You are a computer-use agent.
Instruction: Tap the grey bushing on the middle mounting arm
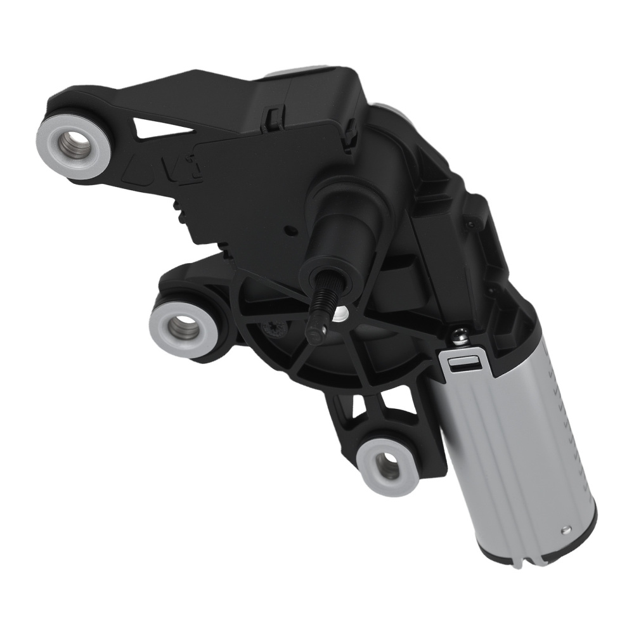182,325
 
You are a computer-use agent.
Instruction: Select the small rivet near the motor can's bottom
564,531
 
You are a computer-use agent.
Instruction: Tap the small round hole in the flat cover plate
289,230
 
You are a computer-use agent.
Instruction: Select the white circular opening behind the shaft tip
343,313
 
